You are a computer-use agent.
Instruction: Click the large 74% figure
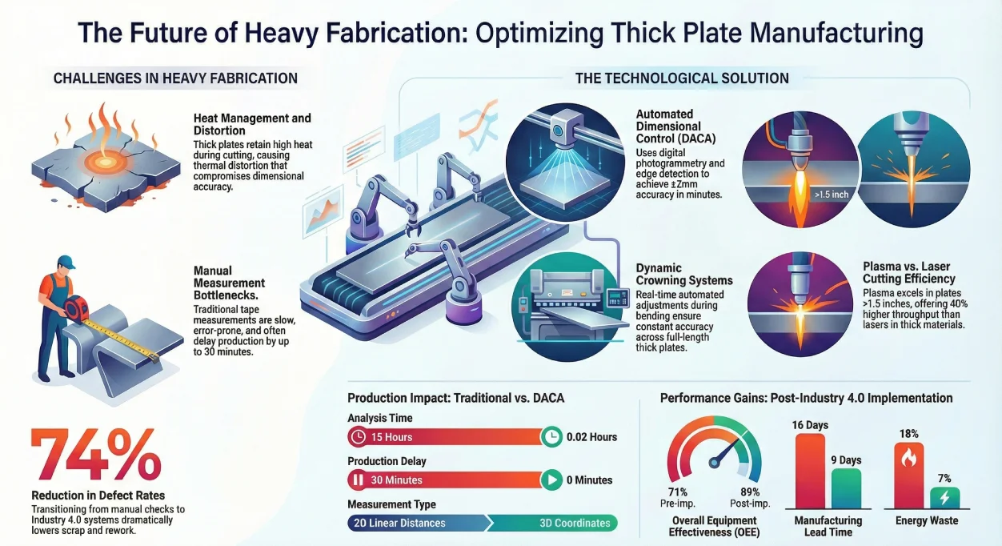(x=96, y=456)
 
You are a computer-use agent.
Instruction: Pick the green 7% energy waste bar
(x=944, y=497)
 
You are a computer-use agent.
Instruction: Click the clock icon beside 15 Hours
(x=358, y=437)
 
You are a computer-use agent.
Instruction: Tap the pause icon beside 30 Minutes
(x=358, y=480)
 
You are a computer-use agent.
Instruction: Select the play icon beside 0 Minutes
(x=551, y=480)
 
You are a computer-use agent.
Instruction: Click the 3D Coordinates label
(x=575, y=523)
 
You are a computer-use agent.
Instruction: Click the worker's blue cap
(x=66, y=262)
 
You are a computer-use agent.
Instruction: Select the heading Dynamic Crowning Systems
(x=684, y=275)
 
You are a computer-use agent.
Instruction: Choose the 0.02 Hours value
(x=591, y=437)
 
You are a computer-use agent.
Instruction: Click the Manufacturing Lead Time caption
(x=828, y=526)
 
